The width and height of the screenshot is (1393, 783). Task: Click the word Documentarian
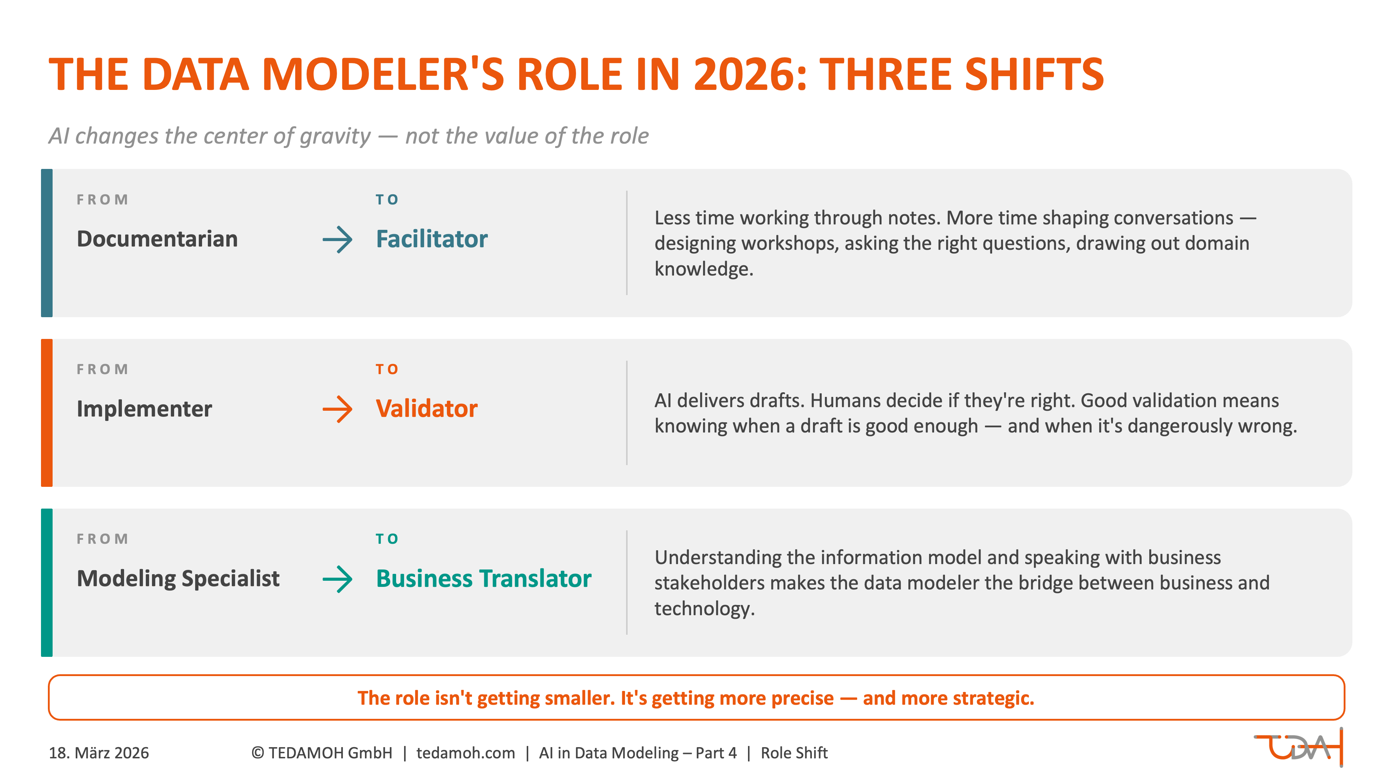click(x=157, y=239)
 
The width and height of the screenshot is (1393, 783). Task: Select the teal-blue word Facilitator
click(x=432, y=239)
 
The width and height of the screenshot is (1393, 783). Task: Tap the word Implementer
click(x=144, y=409)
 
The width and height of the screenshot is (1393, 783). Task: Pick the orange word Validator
click(x=427, y=409)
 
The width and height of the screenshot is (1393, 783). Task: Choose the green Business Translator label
click(x=484, y=578)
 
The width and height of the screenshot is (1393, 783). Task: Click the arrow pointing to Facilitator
click(x=337, y=239)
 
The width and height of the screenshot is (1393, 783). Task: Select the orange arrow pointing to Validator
click(x=337, y=409)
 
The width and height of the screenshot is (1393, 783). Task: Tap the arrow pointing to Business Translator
click(x=337, y=579)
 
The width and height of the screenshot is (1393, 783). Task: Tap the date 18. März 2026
click(x=99, y=753)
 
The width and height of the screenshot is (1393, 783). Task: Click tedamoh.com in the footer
click(x=465, y=753)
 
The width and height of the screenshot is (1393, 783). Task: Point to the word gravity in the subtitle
click(x=335, y=136)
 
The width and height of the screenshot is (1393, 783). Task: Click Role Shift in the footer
click(x=794, y=753)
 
